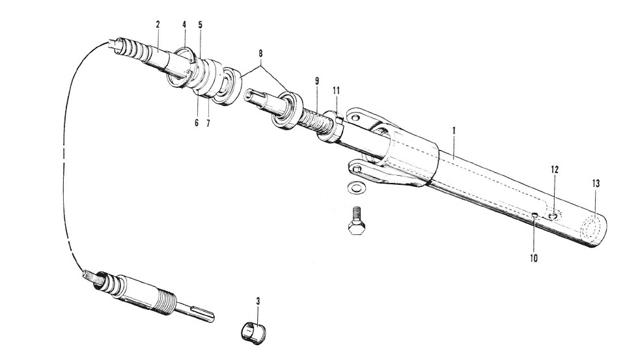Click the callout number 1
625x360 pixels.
(x=454, y=130)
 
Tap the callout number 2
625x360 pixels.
(x=158, y=24)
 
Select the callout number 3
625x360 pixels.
(x=258, y=301)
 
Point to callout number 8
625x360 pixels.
(x=260, y=53)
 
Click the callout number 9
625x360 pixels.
(x=317, y=81)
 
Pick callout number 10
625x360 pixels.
(x=534, y=258)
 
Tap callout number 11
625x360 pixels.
(x=336, y=91)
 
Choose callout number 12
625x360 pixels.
(x=555, y=169)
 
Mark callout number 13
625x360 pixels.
(x=596, y=184)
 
